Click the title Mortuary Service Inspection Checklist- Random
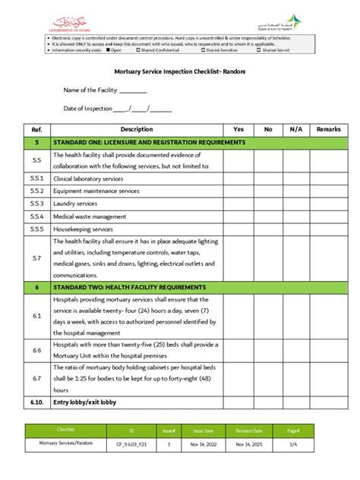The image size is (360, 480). tap(179, 71)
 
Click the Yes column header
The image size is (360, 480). tap(238, 130)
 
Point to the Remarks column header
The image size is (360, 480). tap(328, 130)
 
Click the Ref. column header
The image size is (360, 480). tap(36, 130)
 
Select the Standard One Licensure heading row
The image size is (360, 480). tap(149, 142)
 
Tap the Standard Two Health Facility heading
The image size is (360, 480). tap(129, 288)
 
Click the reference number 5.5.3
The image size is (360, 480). tap(36, 204)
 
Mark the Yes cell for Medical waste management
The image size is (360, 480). tap(238, 216)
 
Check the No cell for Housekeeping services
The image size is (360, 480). tap(267, 229)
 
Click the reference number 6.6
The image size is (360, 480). tap(36, 350)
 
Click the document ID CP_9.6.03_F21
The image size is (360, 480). tap(131, 444)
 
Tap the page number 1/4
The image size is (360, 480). tap(314, 444)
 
